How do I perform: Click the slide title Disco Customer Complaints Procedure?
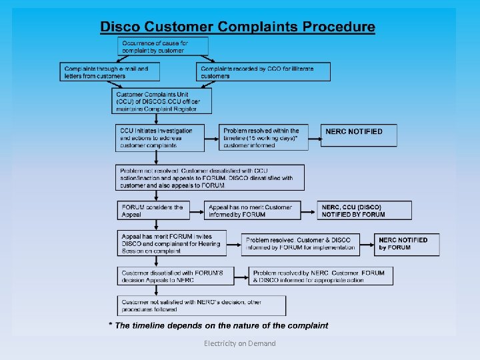[x=237, y=27]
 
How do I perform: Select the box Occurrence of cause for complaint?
[x=163, y=46]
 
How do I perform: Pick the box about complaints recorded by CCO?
[x=264, y=72]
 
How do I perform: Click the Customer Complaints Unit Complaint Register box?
[x=162, y=101]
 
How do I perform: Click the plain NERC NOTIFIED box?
[x=359, y=135]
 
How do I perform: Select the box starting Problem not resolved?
[x=210, y=178]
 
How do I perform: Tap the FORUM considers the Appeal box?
[x=154, y=211]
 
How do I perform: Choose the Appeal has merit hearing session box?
[x=172, y=243]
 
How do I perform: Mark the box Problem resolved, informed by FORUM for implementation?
[x=301, y=244]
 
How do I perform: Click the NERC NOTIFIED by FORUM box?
[x=407, y=244]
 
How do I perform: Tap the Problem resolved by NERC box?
[x=321, y=276]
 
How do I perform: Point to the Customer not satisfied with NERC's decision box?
[x=201, y=306]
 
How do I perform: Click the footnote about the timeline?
[x=219, y=326]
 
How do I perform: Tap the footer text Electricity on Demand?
[x=240, y=343]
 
